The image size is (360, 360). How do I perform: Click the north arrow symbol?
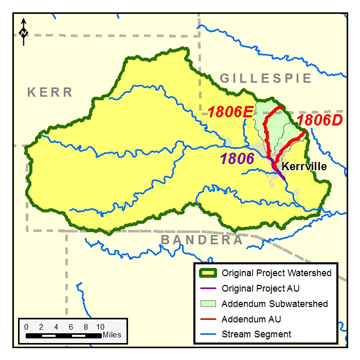24,31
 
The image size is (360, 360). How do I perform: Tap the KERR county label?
50,93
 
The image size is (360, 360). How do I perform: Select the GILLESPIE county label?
266,78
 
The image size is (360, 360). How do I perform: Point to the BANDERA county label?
202,240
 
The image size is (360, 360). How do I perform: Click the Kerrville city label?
304,167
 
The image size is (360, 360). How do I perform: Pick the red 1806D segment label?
319,120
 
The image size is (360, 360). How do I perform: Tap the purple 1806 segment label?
238,158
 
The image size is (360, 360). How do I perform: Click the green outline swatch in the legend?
206,273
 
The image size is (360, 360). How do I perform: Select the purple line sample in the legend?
206,289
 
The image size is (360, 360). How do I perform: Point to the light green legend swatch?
206,304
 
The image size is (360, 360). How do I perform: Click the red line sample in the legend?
206,319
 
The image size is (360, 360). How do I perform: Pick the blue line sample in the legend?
206,334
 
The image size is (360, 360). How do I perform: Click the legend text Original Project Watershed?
277,273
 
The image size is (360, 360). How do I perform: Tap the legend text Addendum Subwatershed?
275,304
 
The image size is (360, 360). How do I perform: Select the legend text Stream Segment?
256,334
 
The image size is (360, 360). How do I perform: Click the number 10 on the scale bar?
100,327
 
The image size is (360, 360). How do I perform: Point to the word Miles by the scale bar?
112,335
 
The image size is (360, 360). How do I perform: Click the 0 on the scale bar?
26,327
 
